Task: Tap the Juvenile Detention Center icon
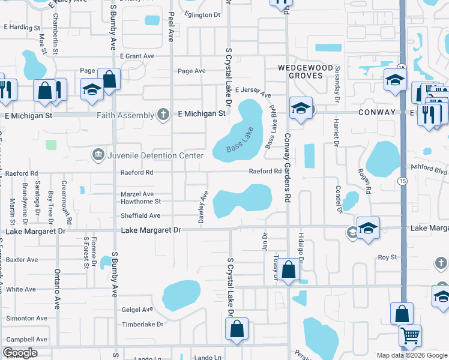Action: click(98, 155)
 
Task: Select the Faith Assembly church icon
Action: click(163, 114)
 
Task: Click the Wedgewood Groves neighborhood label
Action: click(302, 71)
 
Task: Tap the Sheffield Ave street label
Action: click(140, 215)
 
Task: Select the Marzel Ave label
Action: click(137, 194)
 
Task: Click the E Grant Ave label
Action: click(137, 56)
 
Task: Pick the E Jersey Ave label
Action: click(253, 92)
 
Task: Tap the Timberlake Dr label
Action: click(142, 324)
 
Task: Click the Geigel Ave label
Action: click(137, 310)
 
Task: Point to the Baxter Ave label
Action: click(22, 260)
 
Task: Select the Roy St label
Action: click(387, 257)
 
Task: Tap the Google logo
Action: click(20, 353)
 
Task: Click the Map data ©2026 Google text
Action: click(411, 355)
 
